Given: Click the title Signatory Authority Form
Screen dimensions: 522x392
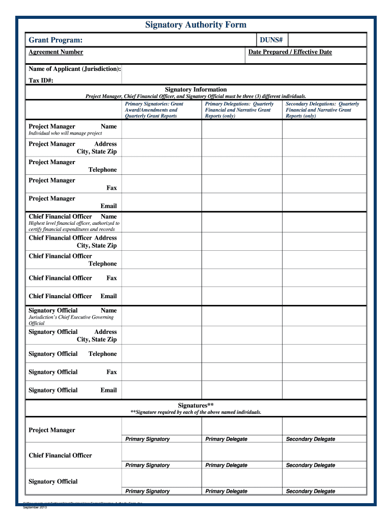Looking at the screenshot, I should (x=195, y=25).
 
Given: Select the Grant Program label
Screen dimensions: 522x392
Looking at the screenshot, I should (x=55, y=40).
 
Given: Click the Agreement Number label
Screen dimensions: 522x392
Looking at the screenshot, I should (x=55, y=52).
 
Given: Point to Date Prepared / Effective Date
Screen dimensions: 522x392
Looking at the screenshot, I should (x=290, y=52).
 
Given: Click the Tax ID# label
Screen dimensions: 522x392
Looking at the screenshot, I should (x=41, y=81).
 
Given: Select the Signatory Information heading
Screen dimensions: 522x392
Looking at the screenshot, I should (x=195, y=89).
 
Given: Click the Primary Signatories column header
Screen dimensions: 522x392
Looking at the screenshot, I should (x=154, y=110).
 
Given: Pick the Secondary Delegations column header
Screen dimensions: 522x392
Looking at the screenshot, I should (x=322, y=110).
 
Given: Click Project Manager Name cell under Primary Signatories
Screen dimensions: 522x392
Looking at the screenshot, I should (x=161, y=129).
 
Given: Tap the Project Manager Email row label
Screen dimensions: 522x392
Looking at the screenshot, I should (x=73, y=202).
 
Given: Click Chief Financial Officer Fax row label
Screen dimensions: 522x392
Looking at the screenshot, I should (x=73, y=278).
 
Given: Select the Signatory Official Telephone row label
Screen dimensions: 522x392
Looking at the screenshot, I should (x=73, y=354).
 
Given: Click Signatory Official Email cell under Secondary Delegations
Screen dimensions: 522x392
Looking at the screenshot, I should (x=324, y=390).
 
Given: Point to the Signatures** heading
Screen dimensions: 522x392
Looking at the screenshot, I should (x=195, y=405).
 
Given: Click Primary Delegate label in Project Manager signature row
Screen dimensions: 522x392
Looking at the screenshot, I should (x=226, y=439).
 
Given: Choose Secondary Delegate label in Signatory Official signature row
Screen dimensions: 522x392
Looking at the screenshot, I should (x=311, y=491).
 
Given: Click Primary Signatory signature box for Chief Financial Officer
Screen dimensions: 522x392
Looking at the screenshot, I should (x=161, y=452).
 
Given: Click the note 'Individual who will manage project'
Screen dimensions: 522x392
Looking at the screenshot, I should (x=65, y=134).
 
